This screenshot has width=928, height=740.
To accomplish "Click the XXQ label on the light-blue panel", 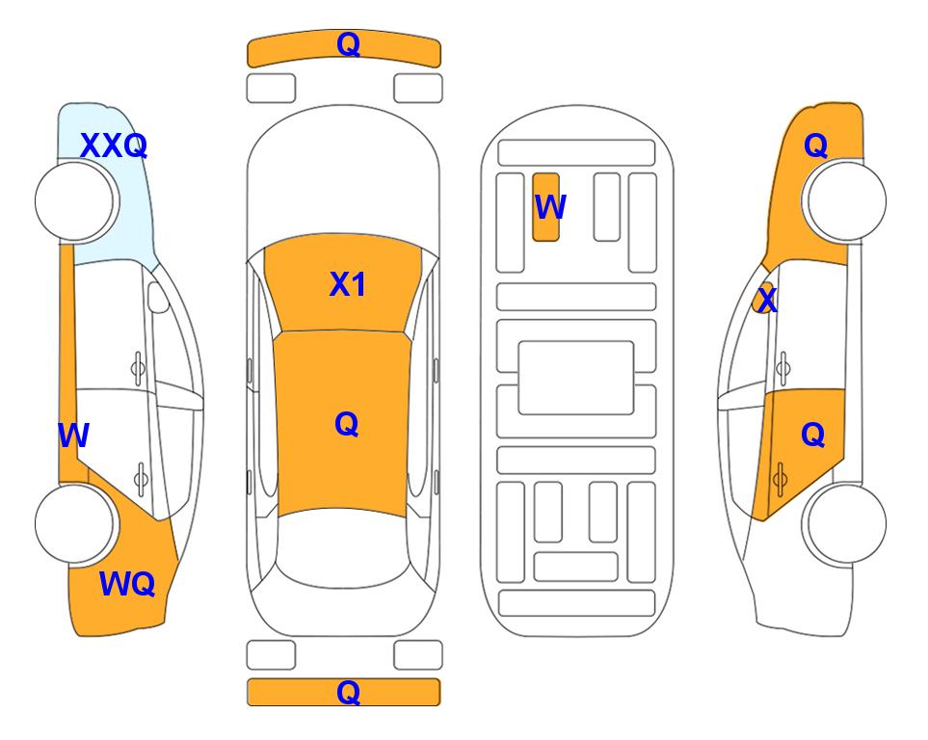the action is tap(114, 145).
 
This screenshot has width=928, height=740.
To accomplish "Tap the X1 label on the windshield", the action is tap(348, 284).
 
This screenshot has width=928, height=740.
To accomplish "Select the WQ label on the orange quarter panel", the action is tap(127, 584).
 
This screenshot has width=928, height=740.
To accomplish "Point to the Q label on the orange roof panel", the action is tap(347, 424).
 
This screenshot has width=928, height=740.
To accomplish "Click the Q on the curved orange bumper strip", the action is tap(349, 44).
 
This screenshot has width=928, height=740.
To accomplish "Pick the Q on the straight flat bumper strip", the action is tap(349, 692).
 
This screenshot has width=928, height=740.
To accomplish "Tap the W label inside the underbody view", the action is tap(550, 207).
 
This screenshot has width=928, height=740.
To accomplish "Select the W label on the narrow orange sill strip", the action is tap(73, 436).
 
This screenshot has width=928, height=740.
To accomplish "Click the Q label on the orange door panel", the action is tap(813, 436).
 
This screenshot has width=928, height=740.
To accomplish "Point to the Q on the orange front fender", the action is tap(815, 145).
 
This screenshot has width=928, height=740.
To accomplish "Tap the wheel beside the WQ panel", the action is tap(76, 523).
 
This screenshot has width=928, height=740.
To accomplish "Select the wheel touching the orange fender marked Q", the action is tap(844, 200).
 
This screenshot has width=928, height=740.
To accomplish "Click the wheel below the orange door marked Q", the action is tap(844, 524).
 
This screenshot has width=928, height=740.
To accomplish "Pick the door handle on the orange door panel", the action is tap(780, 479).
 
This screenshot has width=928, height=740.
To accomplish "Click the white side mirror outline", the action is tap(158, 298).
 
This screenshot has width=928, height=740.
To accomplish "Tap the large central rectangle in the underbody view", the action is tap(576, 378).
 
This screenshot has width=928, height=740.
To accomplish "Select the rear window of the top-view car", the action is tap(343, 547).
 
